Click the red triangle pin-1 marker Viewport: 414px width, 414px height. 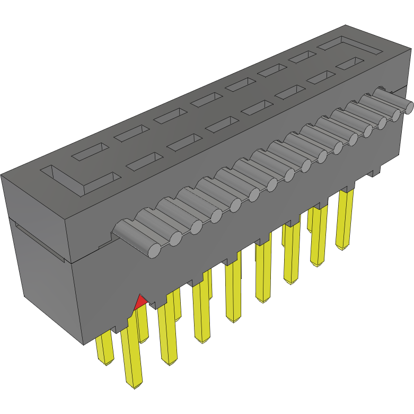pos(140,302)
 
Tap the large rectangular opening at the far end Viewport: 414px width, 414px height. pos(349,47)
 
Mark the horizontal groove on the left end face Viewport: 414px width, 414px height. pos(40,239)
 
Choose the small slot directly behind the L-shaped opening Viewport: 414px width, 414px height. pos(90,152)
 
